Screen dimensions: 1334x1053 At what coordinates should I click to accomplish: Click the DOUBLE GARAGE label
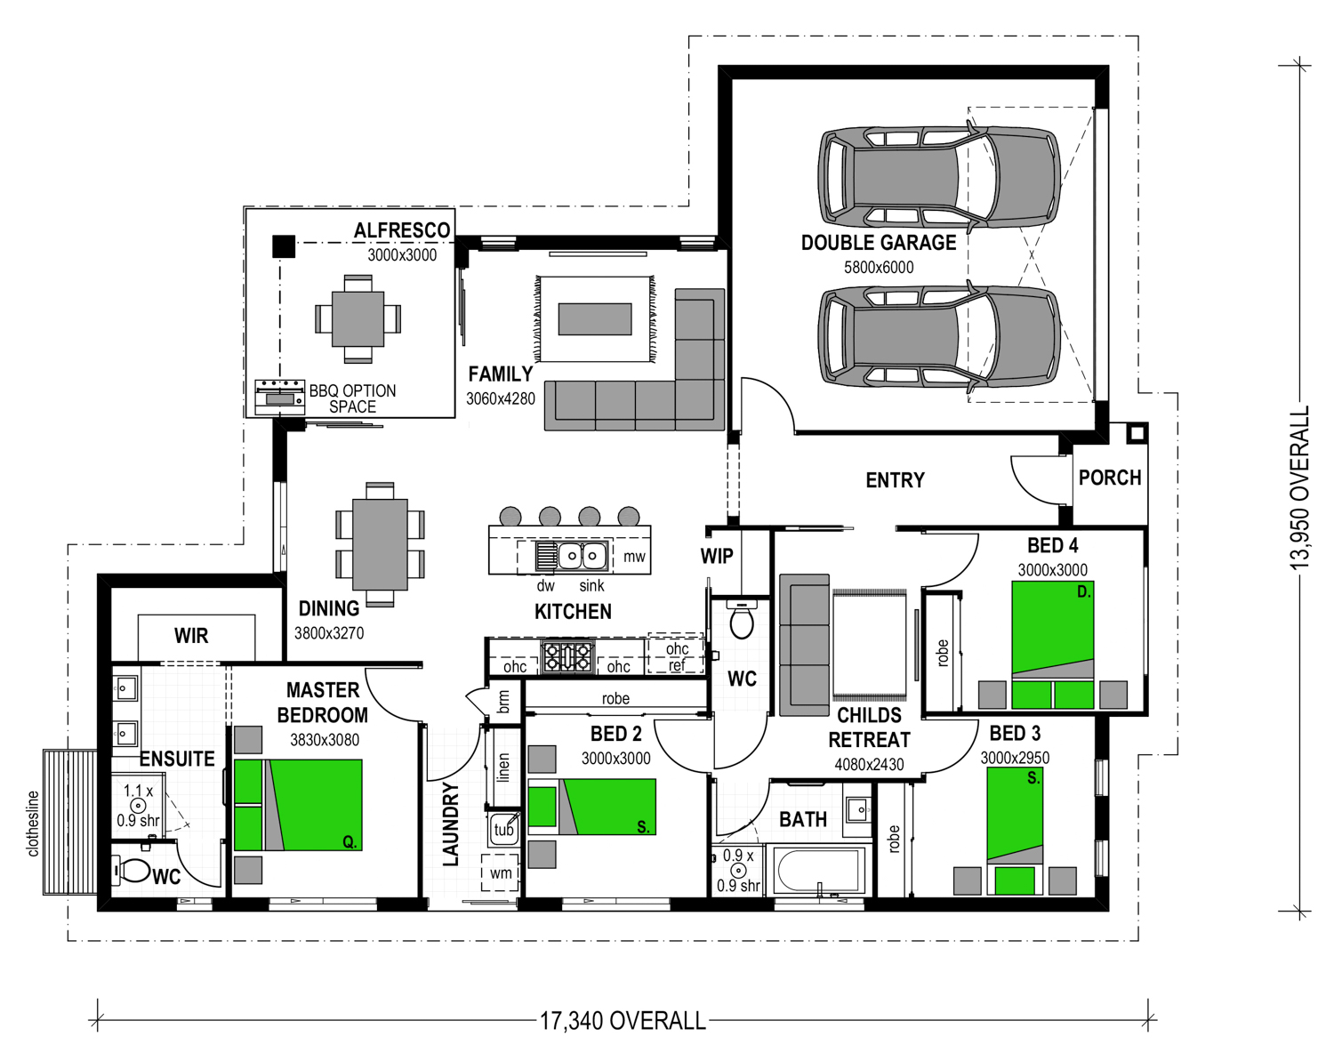click(x=879, y=243)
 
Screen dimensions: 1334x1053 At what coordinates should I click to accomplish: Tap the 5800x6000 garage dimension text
click(x=879, y=268)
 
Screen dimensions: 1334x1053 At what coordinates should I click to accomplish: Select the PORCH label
click(x=1110, y=478)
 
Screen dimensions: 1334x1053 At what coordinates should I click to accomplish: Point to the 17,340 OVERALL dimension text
click(x=623, y=1020)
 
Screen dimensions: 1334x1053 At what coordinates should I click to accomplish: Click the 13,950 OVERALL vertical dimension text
click(x=1298, y=488)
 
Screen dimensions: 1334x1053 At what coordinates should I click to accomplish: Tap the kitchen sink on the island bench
click(x=582, y=555)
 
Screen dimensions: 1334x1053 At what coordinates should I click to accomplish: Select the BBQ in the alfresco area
click(x=279, y=397)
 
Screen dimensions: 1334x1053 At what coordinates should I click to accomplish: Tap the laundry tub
click(x=503, y=828)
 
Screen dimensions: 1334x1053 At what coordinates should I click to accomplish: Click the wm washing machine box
click(x=500, y=872)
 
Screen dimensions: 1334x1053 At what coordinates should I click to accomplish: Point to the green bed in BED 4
click(x=1053, y=644)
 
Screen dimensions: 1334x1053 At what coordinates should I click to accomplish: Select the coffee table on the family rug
click(x=594, y=318)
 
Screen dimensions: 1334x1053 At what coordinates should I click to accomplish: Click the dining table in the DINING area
click(x=380, y=544)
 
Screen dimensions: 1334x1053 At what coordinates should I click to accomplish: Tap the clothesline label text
click(x=33, y=824)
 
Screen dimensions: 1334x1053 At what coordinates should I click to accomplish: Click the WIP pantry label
click(x=717, y=556)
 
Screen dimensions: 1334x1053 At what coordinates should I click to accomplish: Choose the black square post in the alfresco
click(x=284, y=246)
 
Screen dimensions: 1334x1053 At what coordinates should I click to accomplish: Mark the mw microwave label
click(x=634, y=556)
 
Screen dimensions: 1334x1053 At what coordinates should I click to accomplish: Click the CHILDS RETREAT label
click(x=869, y=727)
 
